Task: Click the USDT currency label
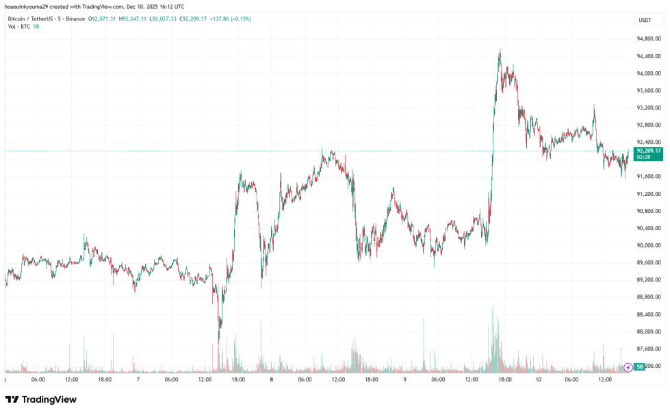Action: (x=645, y=20)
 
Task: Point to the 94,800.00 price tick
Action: (x=648, y=39)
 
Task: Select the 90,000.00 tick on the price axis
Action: (x=648, y=245)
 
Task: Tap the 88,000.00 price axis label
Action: (x=648, y=331)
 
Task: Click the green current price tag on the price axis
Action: (x=648, y=150)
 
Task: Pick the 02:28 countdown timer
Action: (x=643, y=157)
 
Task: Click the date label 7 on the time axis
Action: (x=138, y=379)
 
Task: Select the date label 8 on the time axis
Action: (x=272, y=379)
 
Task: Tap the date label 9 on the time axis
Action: (x=405, y=379)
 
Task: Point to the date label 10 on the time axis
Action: (x=539, y=379)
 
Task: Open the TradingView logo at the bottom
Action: (x=41, y=399)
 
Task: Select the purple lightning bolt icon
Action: (x=628, y=367)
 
